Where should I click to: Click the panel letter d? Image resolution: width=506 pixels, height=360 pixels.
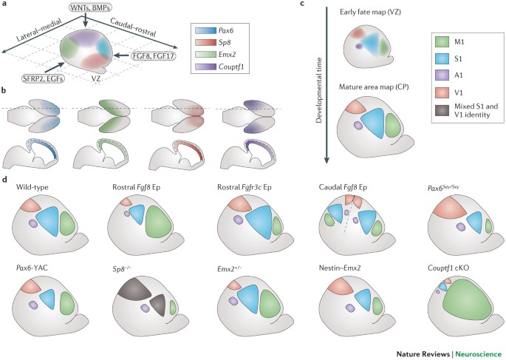[x=6, y=180]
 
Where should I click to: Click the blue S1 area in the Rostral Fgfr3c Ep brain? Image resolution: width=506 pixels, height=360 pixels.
[x=261, y=223]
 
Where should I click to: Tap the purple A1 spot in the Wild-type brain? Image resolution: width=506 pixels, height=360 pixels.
[x=33, y=222]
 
